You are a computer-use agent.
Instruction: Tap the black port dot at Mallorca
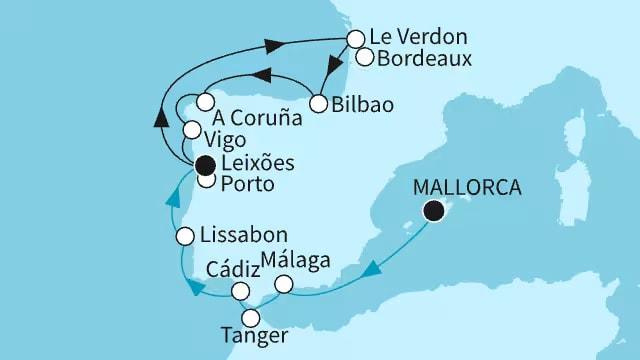[x=434, y=210]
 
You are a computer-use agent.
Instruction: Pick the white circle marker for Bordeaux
[x=366, y=57]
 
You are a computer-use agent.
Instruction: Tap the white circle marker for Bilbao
[x=319, y=104]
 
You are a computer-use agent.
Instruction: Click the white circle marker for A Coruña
[x=204, y=102]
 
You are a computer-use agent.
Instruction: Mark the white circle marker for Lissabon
[x=185, y=237]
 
